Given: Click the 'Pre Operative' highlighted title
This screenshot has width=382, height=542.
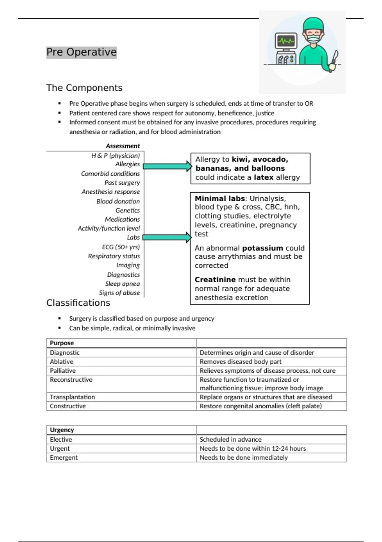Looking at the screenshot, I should pos(81,52).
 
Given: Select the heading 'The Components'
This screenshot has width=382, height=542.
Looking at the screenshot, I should pos(84,88).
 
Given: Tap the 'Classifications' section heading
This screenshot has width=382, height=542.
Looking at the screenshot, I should pos(78,303).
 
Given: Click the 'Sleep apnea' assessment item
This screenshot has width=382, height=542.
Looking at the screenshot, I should pos(123,284).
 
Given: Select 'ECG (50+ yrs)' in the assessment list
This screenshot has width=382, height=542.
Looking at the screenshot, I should pos(121,247).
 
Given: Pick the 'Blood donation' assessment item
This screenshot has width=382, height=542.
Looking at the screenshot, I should pos(118,201).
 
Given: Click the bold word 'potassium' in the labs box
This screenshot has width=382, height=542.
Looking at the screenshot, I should pos(262,248).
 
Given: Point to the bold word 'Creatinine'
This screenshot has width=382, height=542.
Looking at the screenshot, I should pos(215,280).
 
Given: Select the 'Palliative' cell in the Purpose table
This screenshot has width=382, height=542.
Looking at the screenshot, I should pos(63,370).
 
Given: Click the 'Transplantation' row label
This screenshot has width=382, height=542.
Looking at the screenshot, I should pos(72,397).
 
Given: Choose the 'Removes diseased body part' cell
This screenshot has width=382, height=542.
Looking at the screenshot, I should pos(240,362).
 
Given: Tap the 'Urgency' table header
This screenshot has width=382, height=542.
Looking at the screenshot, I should pos(62,430).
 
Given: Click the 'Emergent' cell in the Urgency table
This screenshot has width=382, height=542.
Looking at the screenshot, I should pos(64,458).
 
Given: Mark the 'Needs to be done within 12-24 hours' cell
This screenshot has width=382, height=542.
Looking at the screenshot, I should pos(252,449).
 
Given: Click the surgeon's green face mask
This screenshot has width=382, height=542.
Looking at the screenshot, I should pos(314,39).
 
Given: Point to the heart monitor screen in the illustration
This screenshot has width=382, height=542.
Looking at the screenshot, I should pos(286,41).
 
